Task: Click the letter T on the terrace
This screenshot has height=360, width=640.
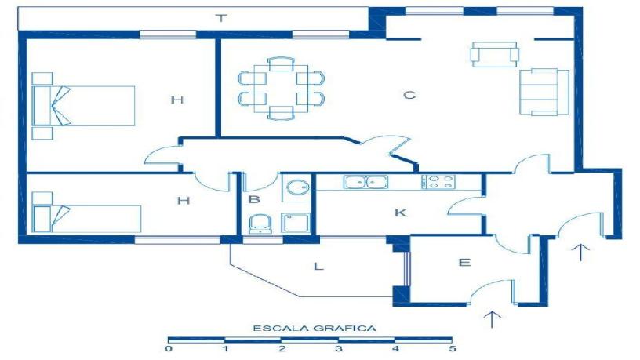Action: [x=221, y=18]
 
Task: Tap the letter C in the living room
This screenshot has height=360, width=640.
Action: [x=409, y=95]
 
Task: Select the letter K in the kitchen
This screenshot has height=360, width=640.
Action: [x=401, y=213]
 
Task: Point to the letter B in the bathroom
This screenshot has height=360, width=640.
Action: [x=254, y=199]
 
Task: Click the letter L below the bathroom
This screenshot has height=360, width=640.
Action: [x=318, y=267]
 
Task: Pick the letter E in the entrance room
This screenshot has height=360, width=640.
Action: [x=464, y=262]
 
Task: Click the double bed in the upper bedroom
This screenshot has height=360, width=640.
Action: [x=83, y=106]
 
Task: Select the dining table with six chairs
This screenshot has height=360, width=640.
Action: [x=282, y=88]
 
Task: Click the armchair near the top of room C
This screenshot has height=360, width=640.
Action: [x=495, y=54]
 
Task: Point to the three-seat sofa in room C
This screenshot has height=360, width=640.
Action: [x=544, y=92]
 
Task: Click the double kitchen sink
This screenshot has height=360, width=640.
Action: [x=365, y=182]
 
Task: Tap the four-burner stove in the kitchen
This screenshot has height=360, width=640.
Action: [x=438, y=182]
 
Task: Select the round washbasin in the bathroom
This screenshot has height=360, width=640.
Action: [x=297, y=187]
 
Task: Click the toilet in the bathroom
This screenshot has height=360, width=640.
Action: [x=260, y=224]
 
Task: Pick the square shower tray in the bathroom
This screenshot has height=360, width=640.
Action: [x=296, y=223]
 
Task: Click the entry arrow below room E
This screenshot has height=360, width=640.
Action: [x=493, y=319]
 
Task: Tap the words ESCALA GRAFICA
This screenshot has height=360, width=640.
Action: [x=315, y=328]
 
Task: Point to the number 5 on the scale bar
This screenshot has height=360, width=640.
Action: [x=452, y=349]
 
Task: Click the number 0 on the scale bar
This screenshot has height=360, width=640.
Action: [x=169, y=349]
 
